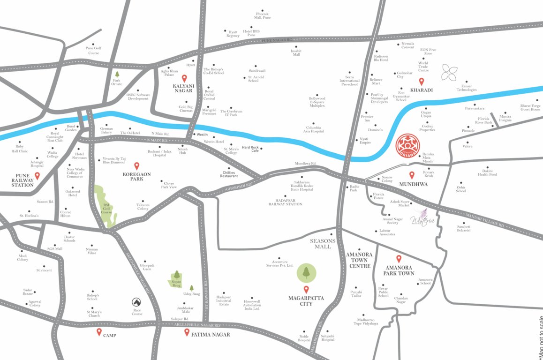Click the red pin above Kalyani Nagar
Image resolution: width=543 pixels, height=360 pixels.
[184, 79]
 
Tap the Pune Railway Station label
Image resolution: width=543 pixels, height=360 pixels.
[23, 181]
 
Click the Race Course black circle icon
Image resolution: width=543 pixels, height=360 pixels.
[136, 302]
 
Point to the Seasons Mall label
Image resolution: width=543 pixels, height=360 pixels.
[323, 243]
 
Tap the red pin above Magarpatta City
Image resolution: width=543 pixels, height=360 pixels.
[306, 289]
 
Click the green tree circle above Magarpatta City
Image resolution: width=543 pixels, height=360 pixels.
[306, 273]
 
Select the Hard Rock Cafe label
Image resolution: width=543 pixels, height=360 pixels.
[250, 149]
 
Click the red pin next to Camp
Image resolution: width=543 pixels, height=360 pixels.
[99, 332]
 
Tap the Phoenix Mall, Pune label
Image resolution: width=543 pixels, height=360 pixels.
[262, 15]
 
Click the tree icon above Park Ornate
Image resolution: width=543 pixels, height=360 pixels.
[117, 74]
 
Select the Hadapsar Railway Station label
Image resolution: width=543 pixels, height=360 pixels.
[285, 201]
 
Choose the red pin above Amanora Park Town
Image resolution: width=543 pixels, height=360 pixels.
[399, 258]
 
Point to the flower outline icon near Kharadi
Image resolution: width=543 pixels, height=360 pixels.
[450, 73]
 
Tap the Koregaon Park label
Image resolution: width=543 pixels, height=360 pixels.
[137, 177]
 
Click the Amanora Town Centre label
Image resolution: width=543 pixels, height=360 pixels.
[359, 260]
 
